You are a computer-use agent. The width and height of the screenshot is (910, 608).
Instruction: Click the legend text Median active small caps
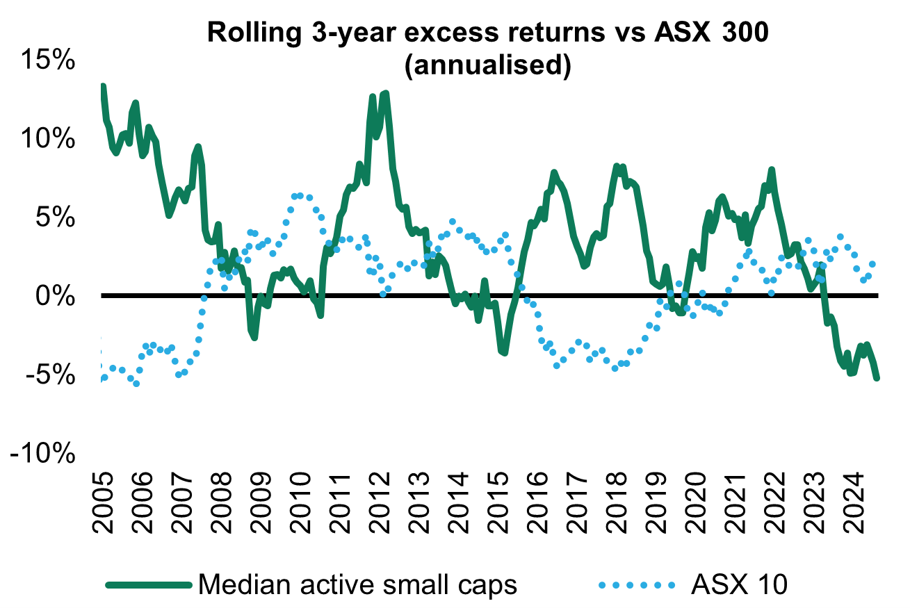pyautogui.click(x=358, y=584)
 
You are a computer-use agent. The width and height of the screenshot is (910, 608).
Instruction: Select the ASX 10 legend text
pyautogui.click(x=739, y=584)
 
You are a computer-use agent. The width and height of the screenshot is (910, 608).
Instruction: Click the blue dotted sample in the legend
pyautogui.click(x=636, y=585)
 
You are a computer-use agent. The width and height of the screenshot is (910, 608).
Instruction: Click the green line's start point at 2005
pyautogui.click(x=103, y=87)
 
